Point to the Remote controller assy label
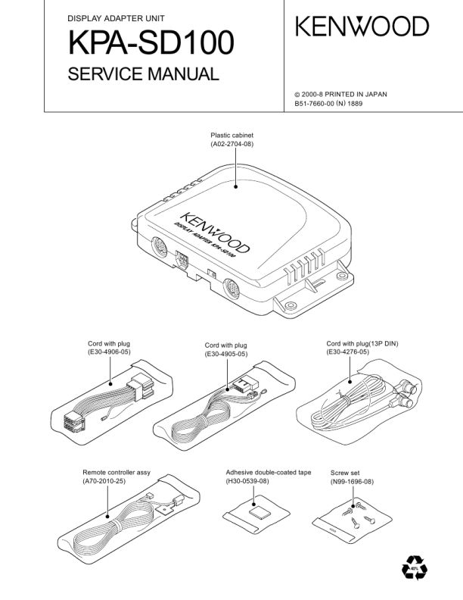click(x=117, y=472)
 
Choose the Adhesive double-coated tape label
click(x=268, y=472)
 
